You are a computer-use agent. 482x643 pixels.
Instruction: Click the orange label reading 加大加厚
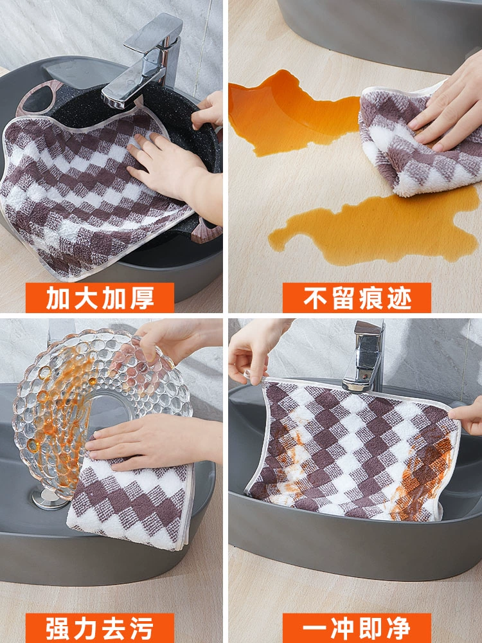coord(100,298)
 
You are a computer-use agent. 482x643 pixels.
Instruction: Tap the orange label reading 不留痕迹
coord(357,298)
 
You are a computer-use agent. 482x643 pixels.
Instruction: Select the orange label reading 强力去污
coord(100,628)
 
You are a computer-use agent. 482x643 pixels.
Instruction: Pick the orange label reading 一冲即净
coord(357,628)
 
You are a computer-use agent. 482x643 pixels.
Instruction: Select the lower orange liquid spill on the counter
coord(373,230)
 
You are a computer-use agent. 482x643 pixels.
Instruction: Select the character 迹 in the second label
coord(399,298)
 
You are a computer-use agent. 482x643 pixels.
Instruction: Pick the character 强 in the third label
coord(58,628)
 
